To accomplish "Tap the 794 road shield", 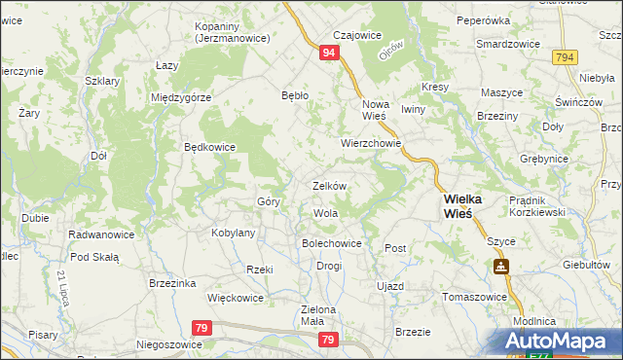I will point(565,59).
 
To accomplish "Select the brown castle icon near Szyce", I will point(499,265).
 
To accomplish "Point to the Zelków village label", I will point(329,185).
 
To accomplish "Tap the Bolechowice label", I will point(332,243).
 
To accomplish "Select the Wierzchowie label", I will point(371,142).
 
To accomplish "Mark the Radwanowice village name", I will point(100,234).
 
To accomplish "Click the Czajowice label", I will point(355,35).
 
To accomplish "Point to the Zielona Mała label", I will point(316,316).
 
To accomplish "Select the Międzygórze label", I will point(181,97).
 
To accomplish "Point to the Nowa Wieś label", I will point(375,109).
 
